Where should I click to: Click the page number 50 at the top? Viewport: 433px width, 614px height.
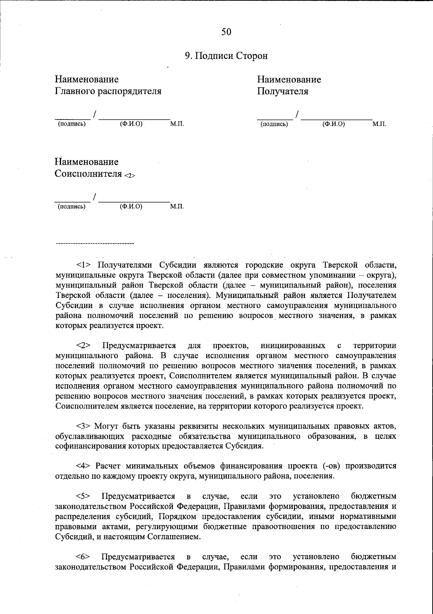click(x=226, y=32)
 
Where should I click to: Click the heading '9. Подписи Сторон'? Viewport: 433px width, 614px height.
click(x=226, y=56)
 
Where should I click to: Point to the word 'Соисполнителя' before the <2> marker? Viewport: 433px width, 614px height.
click(x=88, y=174)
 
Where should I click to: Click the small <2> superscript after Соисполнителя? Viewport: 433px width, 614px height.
click(x=130, y=176)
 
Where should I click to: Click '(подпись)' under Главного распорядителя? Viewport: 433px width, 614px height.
click(x=72, y=124)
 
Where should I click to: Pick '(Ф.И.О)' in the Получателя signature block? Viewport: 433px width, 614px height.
click(x=333, y=124)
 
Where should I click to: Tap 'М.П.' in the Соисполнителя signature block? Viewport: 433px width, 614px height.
click(x=176, y=207)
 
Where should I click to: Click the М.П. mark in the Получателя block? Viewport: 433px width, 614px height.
click(x=379, y=124)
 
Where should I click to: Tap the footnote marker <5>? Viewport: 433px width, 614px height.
click(x=84, y=496)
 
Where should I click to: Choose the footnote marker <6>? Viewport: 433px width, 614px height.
click(x=84, y=557)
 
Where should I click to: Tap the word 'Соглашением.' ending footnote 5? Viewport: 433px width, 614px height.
click(x=174, y=536)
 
